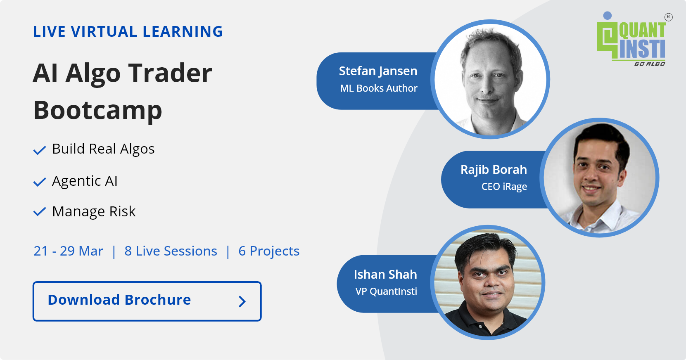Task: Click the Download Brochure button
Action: (x=147, y=301)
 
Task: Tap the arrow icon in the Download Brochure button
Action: (x=242, y=301)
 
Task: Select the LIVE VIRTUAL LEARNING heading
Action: (x=128, y=32)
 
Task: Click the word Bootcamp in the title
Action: (x=98, y=110)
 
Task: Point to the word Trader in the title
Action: (x=170, y=73)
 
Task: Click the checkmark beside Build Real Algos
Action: (x=39, y=150)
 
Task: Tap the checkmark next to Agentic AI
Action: (x=39, y=182)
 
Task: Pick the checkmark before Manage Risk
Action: (x=39, y=212)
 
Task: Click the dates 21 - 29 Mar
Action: (x=68, y=251)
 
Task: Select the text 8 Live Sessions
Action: (x=171, y=251)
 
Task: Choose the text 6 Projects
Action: (x=269, y=251)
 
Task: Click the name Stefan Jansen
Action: (x=378, y=71)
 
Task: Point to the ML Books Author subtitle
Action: (x=379, y=88)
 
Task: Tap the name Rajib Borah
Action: (x=494, y=170)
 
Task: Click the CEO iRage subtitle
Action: (x=504, y=187)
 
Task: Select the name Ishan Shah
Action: (x=385, y=275)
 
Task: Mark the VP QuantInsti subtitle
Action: (x=386, y=291)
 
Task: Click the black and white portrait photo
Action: (x=490, y=79)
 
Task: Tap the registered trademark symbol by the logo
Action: (x=668, y=17)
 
